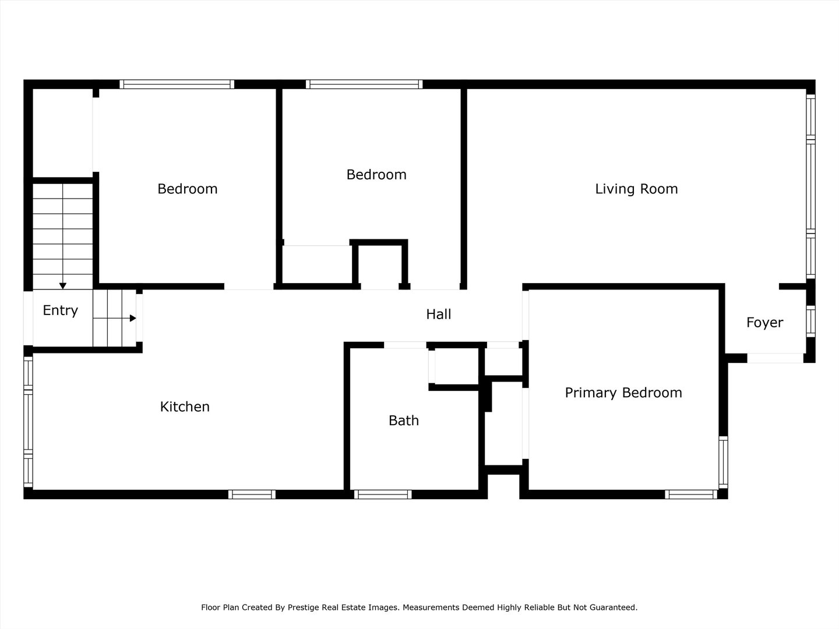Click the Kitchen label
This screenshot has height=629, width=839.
tap(185, 407)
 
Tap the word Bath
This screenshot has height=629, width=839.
tap(404, 420)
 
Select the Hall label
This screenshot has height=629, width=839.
tap(438, 314)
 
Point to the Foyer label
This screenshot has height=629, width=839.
tap(764, 323)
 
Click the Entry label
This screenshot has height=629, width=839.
tap(61, 310)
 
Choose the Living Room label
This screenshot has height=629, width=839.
tap(636, 189)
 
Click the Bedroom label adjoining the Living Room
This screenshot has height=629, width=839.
tap(376, 175)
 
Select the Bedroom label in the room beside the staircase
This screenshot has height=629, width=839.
tap(187, 189)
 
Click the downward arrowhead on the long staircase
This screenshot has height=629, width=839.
tap(63, 285)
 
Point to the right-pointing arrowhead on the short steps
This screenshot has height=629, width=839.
tap(133, 318)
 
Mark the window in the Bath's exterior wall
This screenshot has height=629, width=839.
tap(383, 494)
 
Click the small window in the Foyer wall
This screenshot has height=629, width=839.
tap(810, 321)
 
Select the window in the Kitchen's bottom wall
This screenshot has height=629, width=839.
tap(252, 494)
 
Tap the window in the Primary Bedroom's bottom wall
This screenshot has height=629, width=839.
tap(691, 494)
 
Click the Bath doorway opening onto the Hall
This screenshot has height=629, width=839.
tap(405, 345)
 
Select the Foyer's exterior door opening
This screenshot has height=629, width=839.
tap(775, 358)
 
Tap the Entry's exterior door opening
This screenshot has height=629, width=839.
tap(29, 318)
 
